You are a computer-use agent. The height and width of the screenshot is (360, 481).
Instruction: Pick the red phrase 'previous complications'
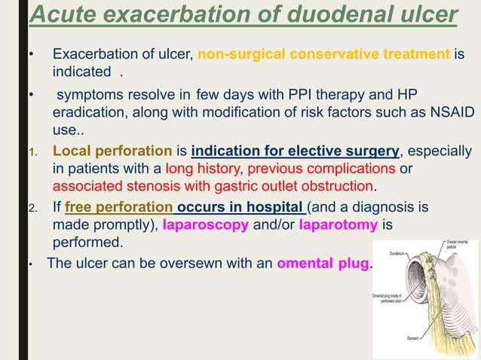point(311,168)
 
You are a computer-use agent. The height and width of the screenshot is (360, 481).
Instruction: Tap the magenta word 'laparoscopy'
point(201,225)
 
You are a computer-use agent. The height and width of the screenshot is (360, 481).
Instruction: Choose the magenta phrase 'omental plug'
point(323,264)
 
